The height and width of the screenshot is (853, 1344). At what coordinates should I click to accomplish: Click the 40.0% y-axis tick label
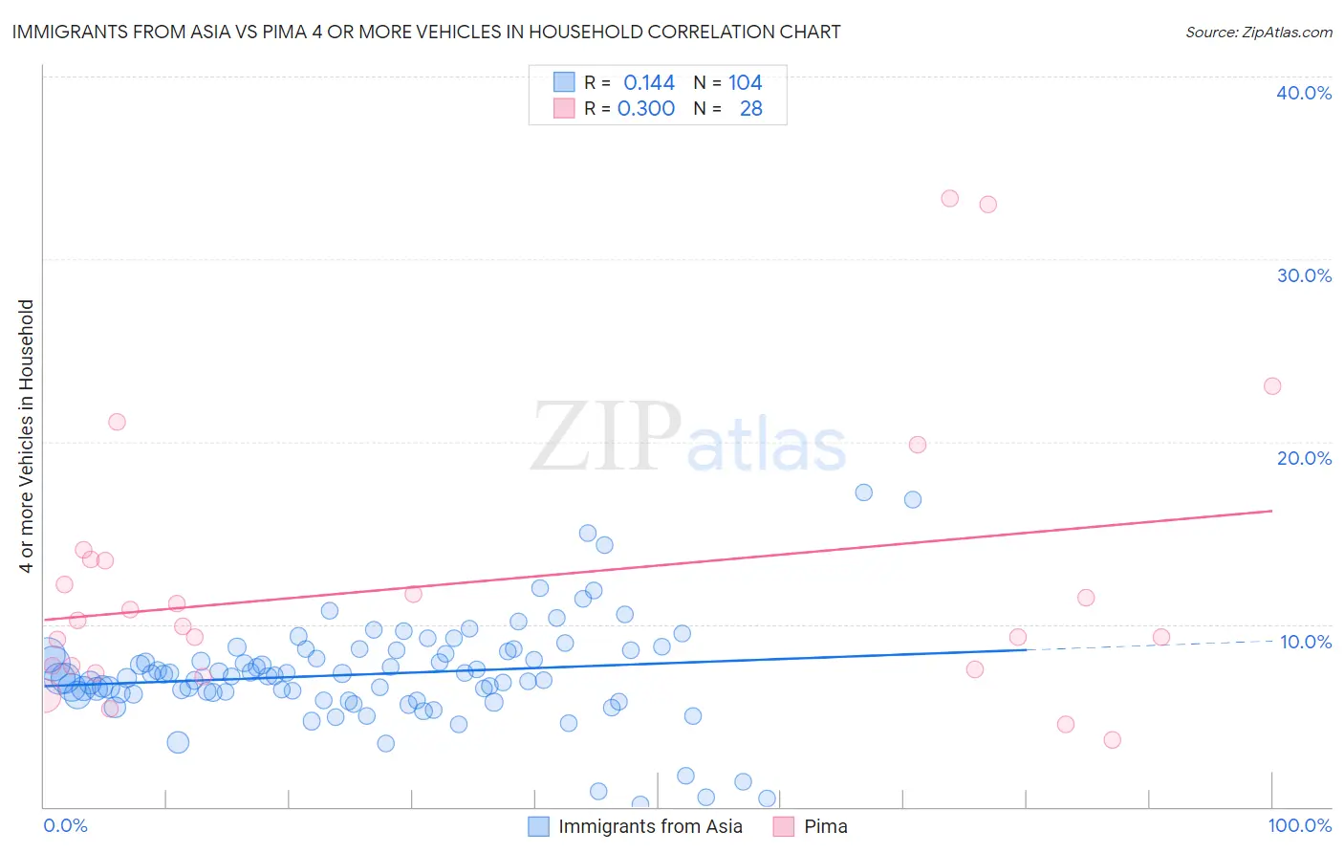pyautogui.click(x=1304, y=93)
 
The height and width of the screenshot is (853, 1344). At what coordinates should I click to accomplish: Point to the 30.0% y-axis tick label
pyautogui.click(x=1304, y=275)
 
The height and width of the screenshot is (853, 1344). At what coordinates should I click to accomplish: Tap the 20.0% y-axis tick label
pyautogui.click(x=1304, y=458)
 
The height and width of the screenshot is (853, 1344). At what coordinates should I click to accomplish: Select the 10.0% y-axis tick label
pyautogui.click(x=1306, y=642)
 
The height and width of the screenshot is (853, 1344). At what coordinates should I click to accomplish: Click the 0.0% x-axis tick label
pyautogui.click(x=65, y=825)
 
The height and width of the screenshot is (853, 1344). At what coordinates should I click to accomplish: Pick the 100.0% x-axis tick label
pyautogui.click(x=1299, y=825)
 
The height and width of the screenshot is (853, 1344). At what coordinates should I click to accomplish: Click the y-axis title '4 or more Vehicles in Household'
pyautogui.click(x=27, y=436)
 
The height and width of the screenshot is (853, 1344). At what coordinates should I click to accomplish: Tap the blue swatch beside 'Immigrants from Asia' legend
pyautogui.click(x=539, y=826)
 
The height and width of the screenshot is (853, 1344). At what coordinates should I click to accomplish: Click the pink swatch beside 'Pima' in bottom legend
pyautogui.click(x=784, y=826)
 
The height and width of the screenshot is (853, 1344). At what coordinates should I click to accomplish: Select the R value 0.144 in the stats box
pyautogui.click(x=649, y=83)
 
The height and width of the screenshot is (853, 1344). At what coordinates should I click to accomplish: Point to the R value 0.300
pyautogui.click(x=646, y=109)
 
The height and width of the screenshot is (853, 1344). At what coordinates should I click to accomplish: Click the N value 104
pyautogui.click(x=745, y=83)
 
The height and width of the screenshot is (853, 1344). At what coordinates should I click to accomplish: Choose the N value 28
pyautogui.click(x=750, y=109)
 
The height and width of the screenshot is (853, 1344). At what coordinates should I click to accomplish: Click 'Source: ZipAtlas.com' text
pyautogui.click(x=1258, y=33)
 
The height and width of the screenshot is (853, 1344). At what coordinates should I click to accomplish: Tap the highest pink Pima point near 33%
pyautogui.click(x=949, y=199)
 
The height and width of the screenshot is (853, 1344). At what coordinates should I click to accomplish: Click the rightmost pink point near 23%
pyautogui.click(x=1272, y=386)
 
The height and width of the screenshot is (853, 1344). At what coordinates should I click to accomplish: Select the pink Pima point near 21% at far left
pyautogui.click(x=117, y=422)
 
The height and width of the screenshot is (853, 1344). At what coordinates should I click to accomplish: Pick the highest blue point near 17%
pyautogui.click(x=864, y=492)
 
